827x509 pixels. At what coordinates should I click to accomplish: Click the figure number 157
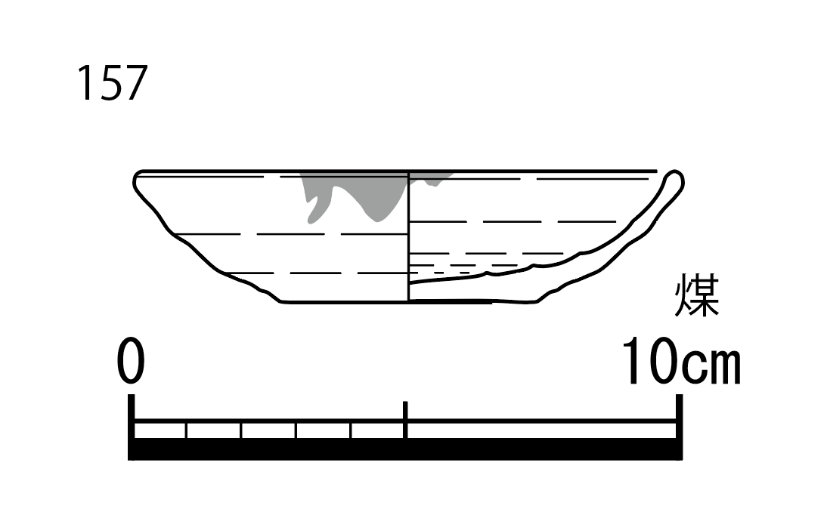coord(113,83)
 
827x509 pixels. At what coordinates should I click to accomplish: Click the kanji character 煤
coord(697,295)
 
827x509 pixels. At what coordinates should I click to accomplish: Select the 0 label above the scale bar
coord(130,361)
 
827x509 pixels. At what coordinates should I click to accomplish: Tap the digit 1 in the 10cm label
coord(634,361)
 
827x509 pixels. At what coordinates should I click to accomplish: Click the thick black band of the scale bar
coord(405,449)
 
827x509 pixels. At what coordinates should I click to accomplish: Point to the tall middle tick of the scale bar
coord(405,420)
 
